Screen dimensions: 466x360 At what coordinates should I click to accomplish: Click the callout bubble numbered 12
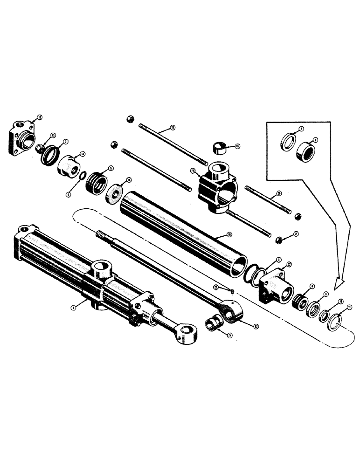tap(40, 118)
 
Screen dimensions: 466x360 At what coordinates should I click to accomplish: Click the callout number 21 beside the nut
tap(296, 233)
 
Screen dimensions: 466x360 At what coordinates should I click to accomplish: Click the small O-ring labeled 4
tap(83, 176)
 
